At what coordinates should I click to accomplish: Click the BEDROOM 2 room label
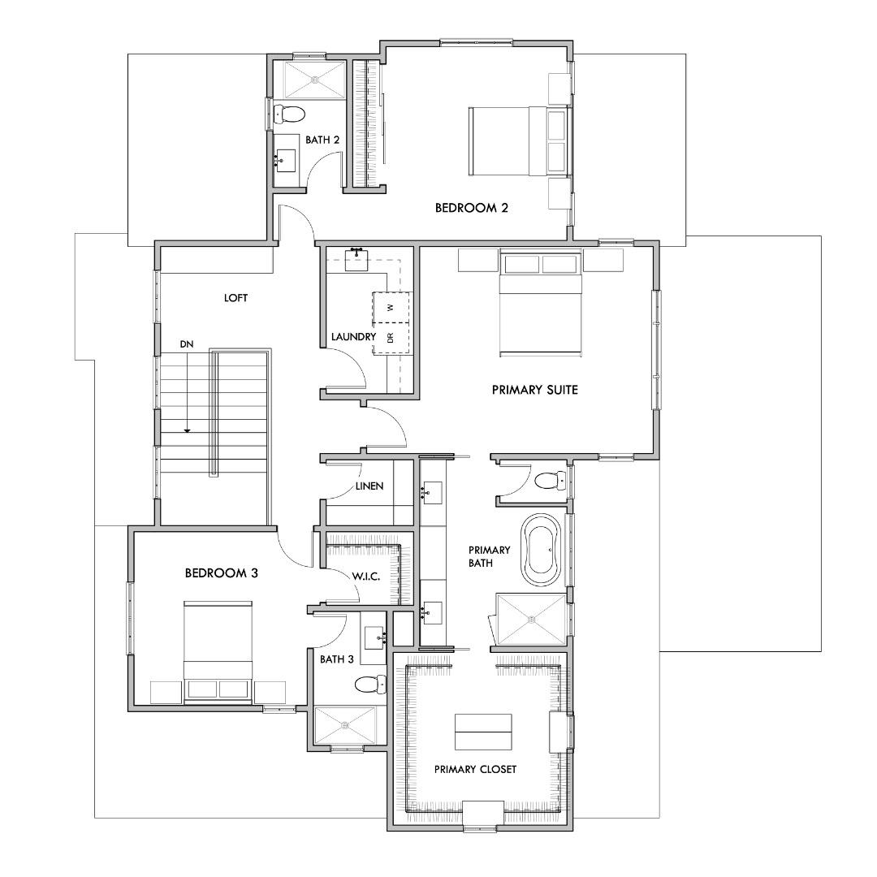pyautogui.click(x=472, y=208)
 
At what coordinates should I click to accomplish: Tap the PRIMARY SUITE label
pyautogui.click(x=534, y=390)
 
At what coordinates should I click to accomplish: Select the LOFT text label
pyautogui.click(x=235, y=298)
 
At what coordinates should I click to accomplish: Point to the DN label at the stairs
pyautogui.click(x=187, y=344)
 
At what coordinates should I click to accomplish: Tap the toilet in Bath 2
pyautogui.click(x=290, y=114)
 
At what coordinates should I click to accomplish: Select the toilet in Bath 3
pyautogui.click(x=370, y=684)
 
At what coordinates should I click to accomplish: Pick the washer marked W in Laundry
pyautogui.click(x=391, y=307)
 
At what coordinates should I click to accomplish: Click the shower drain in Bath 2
pyautogui.click(x=315, y=80)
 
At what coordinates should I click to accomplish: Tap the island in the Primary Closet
pyautogui.click(x=483, y=732)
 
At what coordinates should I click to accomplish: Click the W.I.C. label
pyautogui.click(x=366, y=577)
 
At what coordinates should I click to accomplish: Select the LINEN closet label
pyautogui.click(x=369, y=486)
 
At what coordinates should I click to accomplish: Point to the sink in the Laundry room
pyautogui.click(x=356, y=260)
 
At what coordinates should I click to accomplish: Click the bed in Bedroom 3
pyautogui.click(x=218, y=651)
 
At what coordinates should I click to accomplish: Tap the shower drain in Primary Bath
pyautogui.click(x=531, y=619)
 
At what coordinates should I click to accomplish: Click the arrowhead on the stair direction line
pyautogui.click(x=188, y=430)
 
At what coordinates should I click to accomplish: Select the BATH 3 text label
pyautogui.click(x=337, y=659)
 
